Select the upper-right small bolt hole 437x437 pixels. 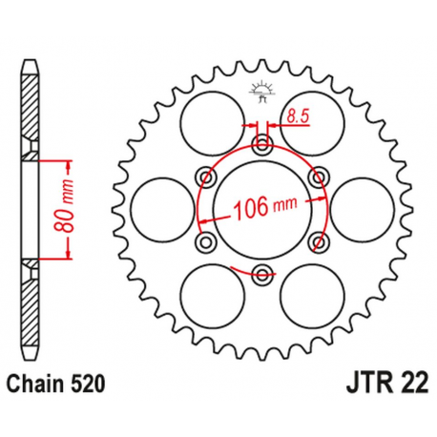pos(318,177)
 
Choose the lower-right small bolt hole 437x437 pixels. pos(318,240)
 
